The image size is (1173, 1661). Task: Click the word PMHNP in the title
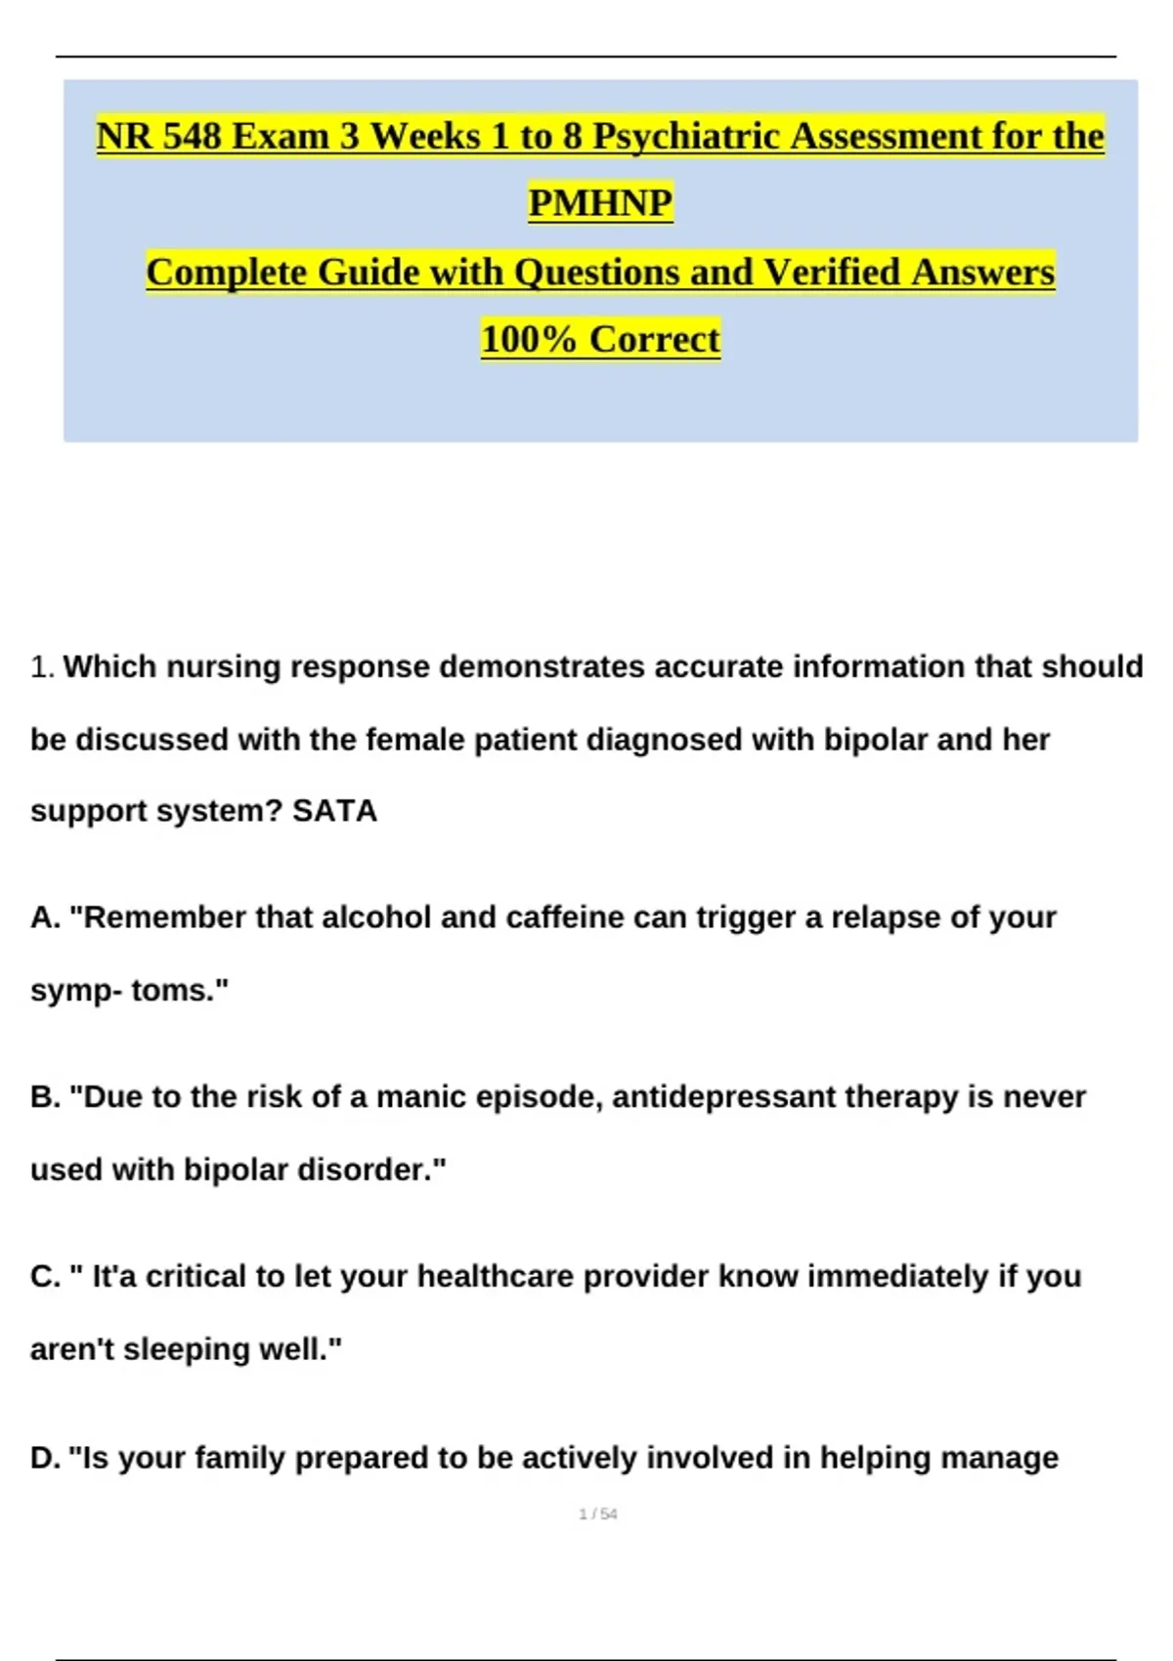click(600, 203)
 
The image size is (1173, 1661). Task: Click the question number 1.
click(40, 667)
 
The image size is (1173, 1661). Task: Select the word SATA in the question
click(334, 811)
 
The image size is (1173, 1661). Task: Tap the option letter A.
click(44, 917)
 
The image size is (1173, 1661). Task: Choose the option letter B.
click(44, 1097)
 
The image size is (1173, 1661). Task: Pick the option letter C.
click(44, 1277)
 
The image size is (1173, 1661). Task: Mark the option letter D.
click(44, 1458)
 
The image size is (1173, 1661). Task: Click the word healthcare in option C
click(489, 1277)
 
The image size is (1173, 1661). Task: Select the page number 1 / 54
click(598, 1514)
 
